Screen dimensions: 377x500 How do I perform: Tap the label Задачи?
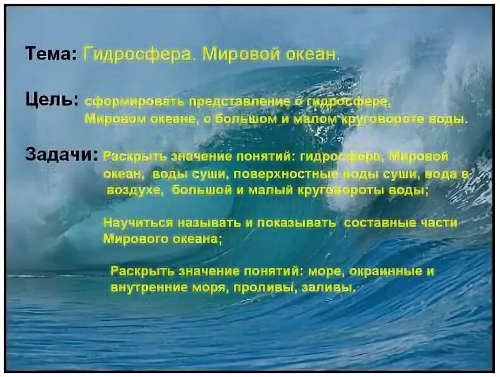tap(61, 155)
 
